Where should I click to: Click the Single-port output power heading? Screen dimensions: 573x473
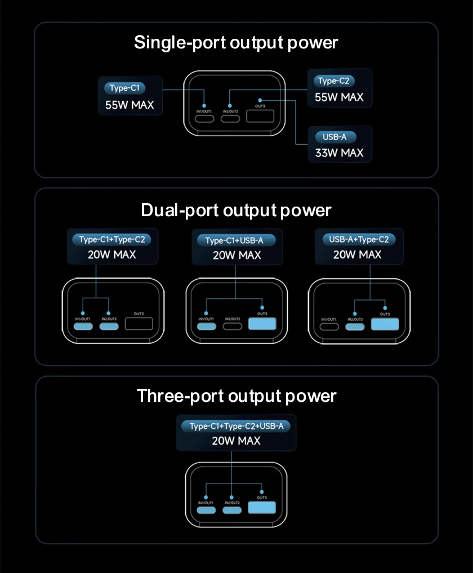(236, 42)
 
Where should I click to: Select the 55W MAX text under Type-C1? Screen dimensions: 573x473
(130, 105)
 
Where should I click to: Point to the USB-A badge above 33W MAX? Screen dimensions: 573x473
(335, 137)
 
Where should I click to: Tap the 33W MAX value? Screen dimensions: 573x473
(339, 153)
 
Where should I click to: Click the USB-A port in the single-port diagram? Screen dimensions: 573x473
(260, 118)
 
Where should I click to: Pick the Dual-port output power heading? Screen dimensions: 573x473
(236, 210)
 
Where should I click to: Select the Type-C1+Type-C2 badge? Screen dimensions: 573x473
(112, 239)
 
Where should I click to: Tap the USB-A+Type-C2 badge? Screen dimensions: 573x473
(359, 239)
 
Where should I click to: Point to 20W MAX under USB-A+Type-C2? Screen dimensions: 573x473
(357, 254)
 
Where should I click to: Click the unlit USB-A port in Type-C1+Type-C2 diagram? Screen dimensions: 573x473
(139, 324)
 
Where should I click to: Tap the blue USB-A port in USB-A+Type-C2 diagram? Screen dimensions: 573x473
(385, 324)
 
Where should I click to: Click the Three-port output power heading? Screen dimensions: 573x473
(236, 396)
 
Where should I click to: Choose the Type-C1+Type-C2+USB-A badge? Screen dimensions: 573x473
(236, 426)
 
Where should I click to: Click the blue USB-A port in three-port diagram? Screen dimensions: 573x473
(262, 508)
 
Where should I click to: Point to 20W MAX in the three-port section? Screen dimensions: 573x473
(236, 441)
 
